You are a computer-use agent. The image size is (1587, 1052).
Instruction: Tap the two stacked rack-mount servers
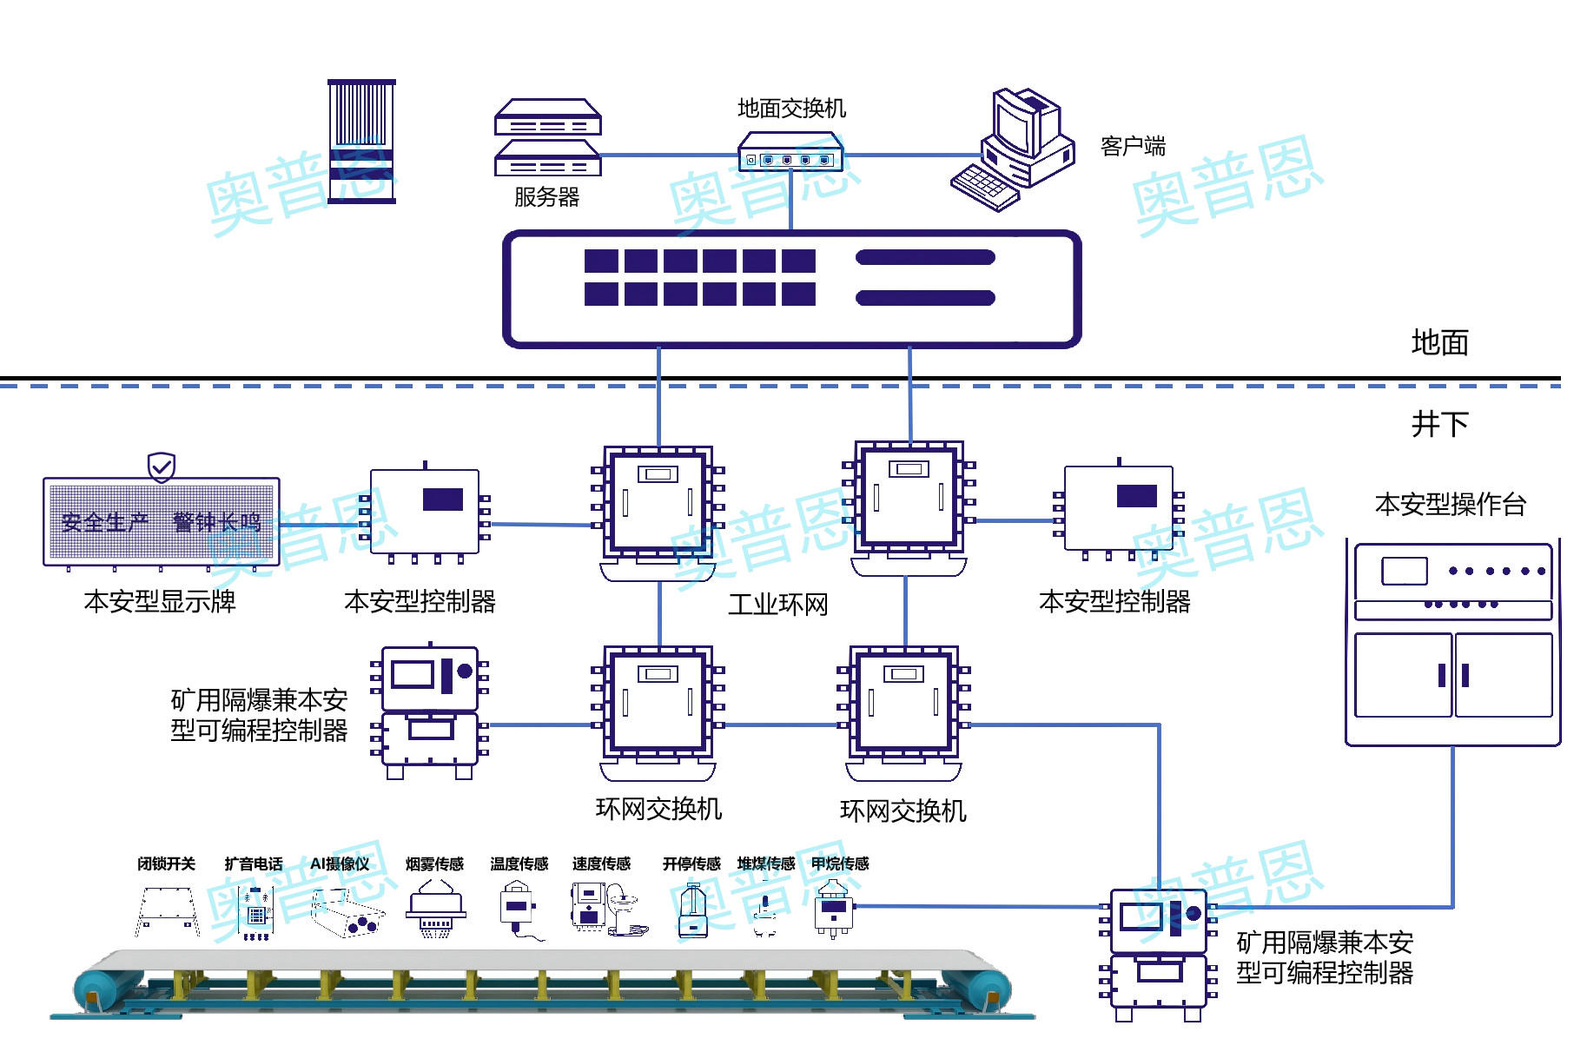547,137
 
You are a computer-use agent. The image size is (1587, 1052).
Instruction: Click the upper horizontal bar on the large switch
925,257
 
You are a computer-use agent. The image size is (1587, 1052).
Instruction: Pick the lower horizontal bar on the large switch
925,298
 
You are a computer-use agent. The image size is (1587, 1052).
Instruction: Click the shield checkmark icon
161,467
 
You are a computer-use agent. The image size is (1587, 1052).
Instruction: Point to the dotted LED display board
161,521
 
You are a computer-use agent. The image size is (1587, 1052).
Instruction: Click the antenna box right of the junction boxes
1119,508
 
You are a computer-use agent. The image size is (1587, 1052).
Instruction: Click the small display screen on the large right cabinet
1404,571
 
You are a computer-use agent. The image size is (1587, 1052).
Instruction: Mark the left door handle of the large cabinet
1442,675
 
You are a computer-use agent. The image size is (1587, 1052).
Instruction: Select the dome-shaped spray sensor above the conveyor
436,908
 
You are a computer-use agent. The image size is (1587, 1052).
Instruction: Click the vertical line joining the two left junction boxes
659,613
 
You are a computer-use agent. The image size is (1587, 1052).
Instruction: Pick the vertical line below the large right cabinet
1452,825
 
